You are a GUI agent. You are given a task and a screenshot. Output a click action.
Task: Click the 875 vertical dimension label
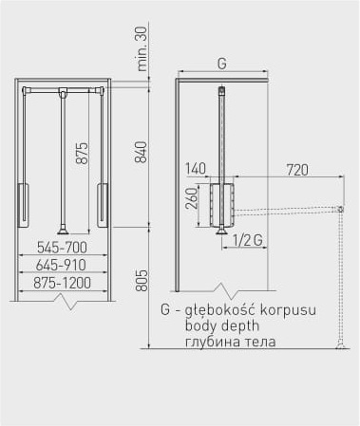(82, 153)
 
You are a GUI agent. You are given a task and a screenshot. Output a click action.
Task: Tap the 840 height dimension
(141, 152)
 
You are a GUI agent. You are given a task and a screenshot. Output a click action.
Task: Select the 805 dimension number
(142, 280)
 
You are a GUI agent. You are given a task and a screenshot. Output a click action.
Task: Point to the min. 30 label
(142, 48)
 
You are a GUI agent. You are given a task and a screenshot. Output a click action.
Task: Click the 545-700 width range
(62, 248)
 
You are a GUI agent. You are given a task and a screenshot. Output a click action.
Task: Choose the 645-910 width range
(61, 265)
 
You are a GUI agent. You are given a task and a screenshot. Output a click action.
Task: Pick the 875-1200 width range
(63, 283)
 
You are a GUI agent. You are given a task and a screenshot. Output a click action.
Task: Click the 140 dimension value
(196, 169)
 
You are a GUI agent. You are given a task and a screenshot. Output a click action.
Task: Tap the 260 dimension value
(192, 198)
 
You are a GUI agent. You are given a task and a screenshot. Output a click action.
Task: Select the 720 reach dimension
(297, 170)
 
